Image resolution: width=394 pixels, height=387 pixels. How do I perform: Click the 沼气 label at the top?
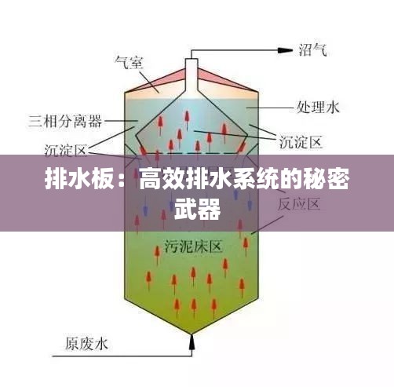[x=313, y=49]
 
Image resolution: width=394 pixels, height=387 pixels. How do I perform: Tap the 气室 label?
[x=129, y=62]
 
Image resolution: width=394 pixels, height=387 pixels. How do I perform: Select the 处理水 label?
[x=318, y=108]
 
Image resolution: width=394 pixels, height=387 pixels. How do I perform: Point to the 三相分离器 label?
[x=65, y=121]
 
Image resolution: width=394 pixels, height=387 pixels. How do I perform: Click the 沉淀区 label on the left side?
[x=65, y=150]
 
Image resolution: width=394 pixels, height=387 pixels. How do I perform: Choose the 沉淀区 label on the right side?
[x=301, y=142]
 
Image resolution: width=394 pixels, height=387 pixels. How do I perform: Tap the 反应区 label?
[x=299, y=204]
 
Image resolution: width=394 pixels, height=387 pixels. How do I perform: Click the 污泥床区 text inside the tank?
[x=193, y=246]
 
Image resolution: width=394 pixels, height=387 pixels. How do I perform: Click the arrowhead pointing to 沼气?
[x=285, y=50]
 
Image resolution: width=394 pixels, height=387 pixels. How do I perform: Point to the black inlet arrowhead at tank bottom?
[x=192, y=342]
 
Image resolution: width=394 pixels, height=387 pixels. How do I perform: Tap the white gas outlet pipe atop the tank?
[x=192, y=78]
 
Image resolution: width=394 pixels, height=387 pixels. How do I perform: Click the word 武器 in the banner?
[x=198, y=210]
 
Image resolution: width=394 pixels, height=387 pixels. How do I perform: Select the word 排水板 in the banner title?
[x=79, y=179]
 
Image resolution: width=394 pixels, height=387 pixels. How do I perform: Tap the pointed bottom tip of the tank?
[x=192, y=334]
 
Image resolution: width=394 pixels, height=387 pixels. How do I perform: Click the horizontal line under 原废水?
[x=122, y=356]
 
